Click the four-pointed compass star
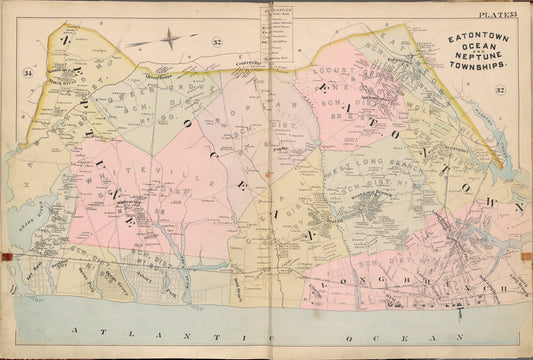click(x=172, y=40)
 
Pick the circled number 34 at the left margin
click(x=29, y=73)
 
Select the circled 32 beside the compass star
click(x=216, y=41)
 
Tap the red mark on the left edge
click(x=8, y=257)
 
